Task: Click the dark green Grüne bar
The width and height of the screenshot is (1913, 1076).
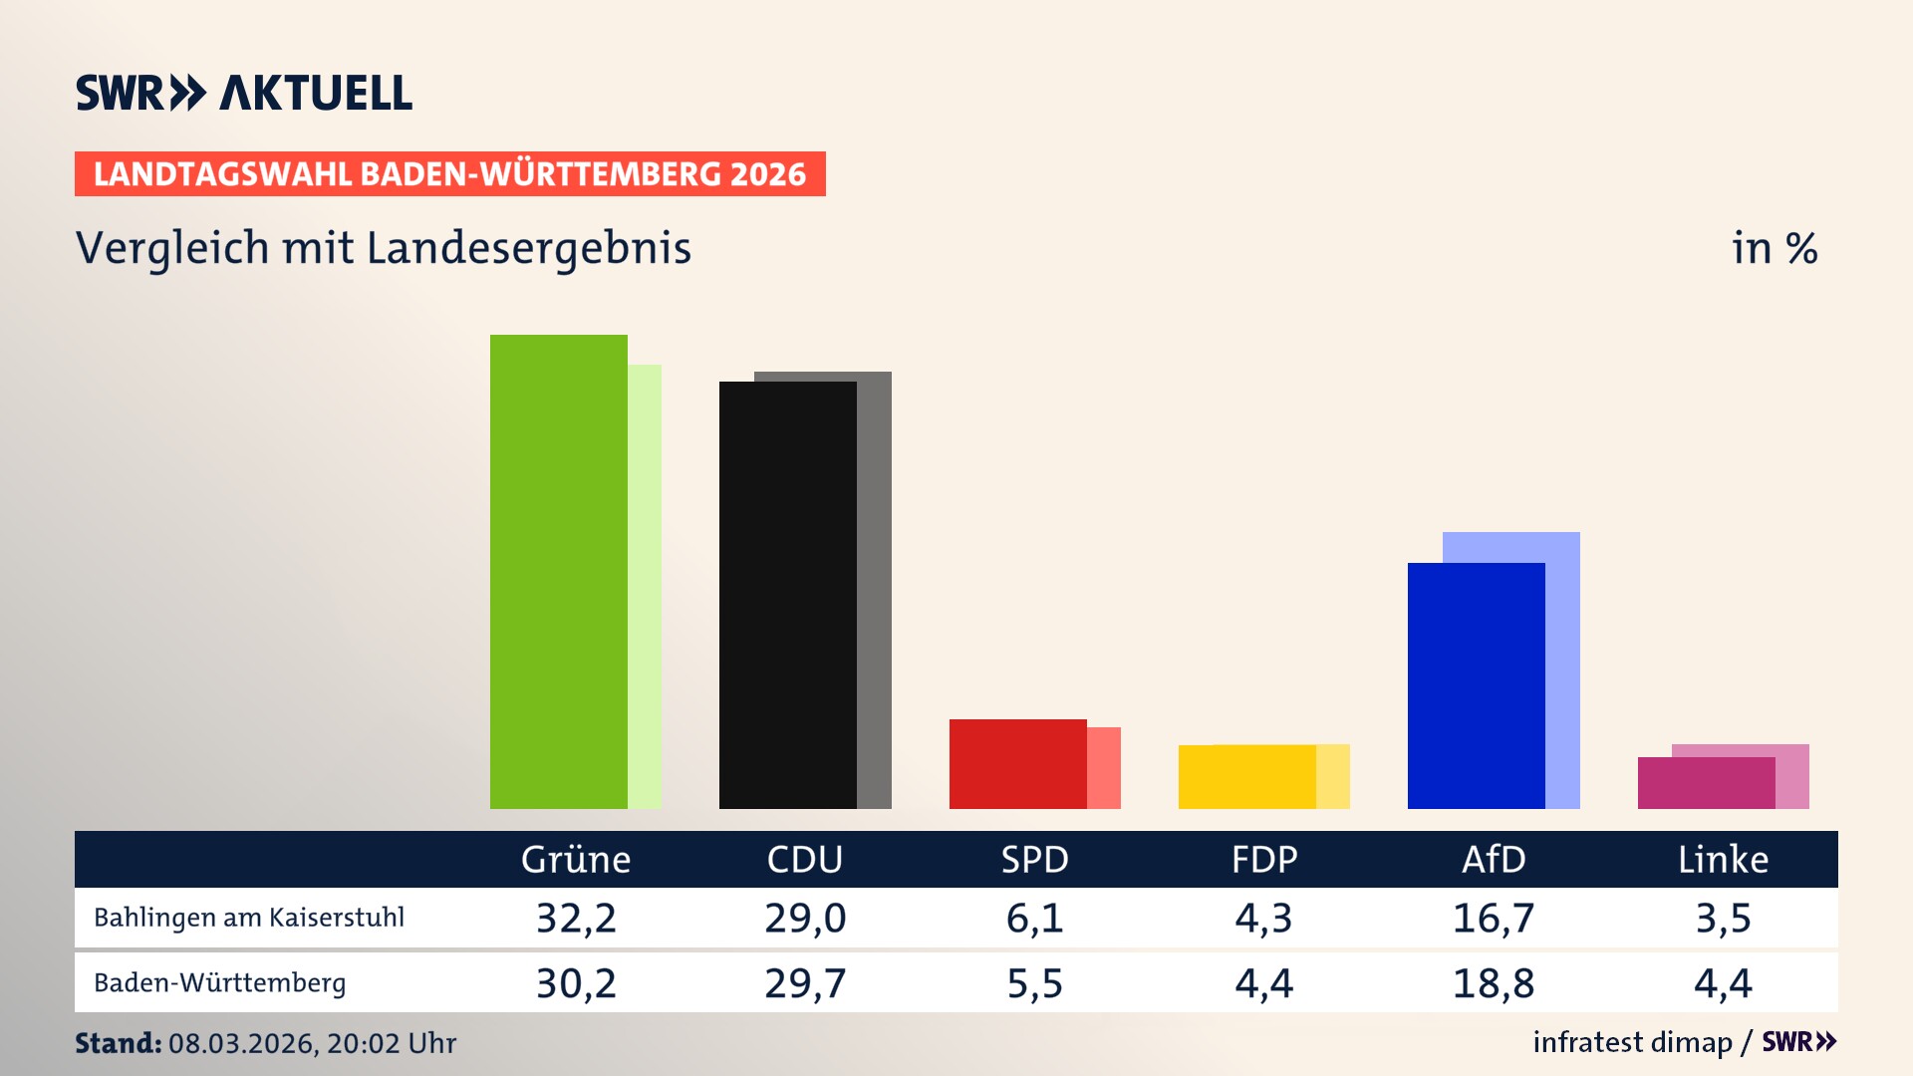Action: coord(558,572)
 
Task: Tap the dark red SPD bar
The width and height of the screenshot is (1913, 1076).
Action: coord(1017,764)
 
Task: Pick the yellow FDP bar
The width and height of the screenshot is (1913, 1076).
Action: coord(1246,777)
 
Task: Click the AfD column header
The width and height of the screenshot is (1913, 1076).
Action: coord(1493,859)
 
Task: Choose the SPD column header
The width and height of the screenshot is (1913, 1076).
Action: coord(1034,859)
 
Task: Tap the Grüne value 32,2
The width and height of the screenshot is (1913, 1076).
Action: coord(576,918)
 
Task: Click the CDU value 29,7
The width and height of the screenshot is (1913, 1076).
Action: coord(805,983)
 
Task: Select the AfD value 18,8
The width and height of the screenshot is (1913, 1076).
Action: coord(1493,983)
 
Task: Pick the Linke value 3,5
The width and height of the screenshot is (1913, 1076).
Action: coord(1723,918)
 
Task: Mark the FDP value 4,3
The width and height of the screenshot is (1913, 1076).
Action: coord(1263,918)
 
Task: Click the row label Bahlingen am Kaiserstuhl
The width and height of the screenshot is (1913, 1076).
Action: coord(249,918)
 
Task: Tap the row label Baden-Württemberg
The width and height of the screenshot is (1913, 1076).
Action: coord(219,983)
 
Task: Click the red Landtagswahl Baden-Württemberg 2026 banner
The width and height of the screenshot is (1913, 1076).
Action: coord(449,174)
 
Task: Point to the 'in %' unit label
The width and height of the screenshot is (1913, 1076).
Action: coord(1774,248)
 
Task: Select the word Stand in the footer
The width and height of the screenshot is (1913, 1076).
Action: coord(118,1043)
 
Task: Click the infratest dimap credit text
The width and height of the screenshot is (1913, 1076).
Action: coord(1632,1042)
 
